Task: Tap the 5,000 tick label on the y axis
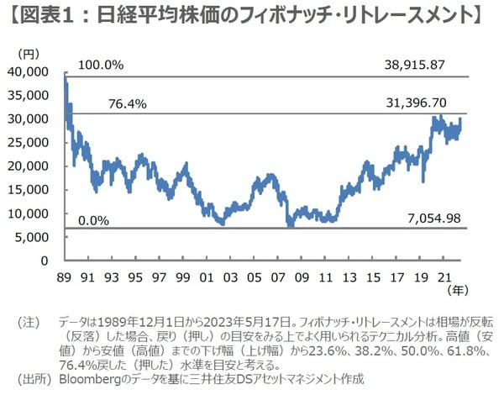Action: click(x=39, y=237)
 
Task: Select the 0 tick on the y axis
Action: click(x=51, y=261)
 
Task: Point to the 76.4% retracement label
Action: click(x=128, y=104)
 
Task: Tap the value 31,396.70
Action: click(x=433, y=103)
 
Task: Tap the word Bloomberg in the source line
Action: click(x=95, y=379)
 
